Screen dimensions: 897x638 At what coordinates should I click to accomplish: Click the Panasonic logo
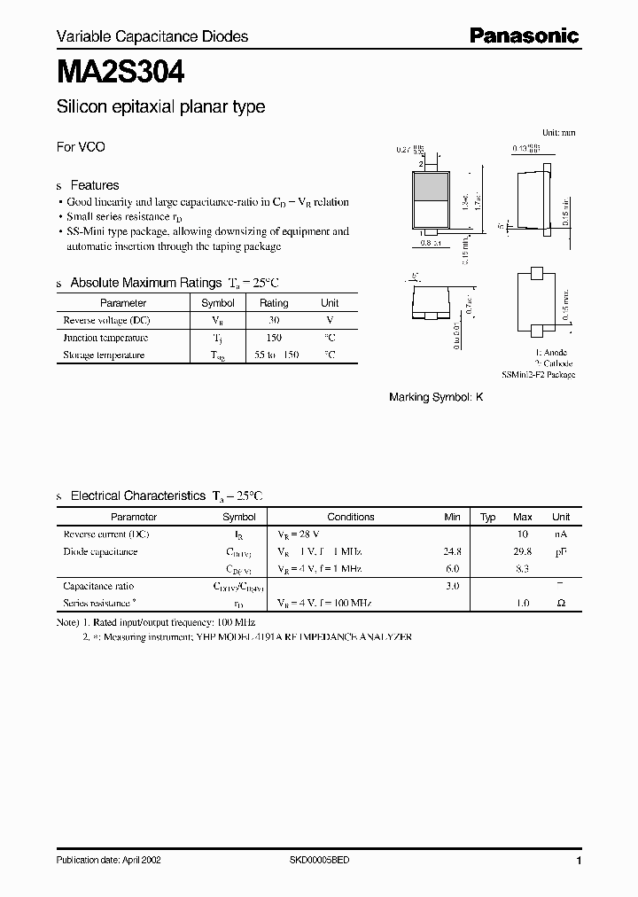(523, 35)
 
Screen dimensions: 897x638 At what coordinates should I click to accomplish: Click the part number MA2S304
(121, 70)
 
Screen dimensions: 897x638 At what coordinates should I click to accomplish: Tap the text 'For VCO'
(81, 147)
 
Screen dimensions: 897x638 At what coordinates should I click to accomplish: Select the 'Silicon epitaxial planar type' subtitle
(160, 107)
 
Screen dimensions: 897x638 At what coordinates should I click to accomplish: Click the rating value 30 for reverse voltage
(274, 320)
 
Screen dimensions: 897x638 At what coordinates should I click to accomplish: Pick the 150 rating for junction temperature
(274, 338)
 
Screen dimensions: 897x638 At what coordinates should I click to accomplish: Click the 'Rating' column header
(274, 302)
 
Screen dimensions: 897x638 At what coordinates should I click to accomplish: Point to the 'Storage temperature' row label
(104, 355)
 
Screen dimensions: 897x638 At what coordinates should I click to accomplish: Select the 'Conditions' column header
(351, 517)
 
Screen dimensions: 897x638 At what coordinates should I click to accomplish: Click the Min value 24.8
(452, 551)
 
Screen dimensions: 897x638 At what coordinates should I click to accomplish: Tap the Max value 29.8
(522, 551)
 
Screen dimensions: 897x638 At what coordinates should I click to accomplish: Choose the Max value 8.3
(522, 568)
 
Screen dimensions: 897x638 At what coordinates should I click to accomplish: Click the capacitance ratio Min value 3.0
(452, 586)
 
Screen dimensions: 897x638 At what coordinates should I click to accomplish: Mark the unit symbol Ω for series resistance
(561, 603)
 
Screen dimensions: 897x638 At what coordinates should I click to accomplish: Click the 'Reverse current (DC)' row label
(106, 534)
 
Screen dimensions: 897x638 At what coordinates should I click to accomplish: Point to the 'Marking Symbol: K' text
(436, 398)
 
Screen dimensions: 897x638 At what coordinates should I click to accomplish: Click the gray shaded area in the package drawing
(431, 187)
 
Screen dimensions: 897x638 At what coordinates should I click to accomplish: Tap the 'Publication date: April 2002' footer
(108, 861)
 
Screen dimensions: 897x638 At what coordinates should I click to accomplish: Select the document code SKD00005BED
(320, 861)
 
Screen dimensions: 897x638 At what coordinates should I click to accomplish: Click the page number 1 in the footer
(578, 861)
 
